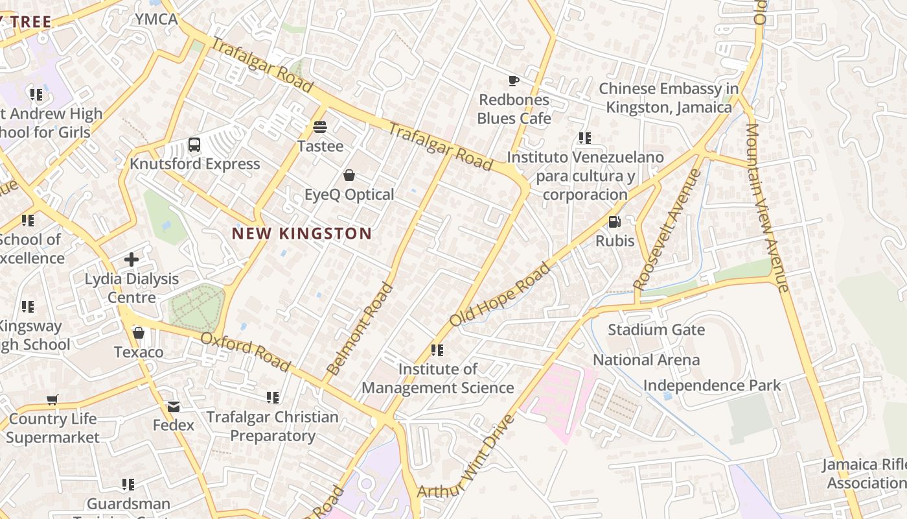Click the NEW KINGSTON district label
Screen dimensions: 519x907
click(302, 234)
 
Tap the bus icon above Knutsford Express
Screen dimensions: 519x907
click(194, 144)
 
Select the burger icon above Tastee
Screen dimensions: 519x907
click(320, 127)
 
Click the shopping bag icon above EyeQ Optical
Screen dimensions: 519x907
click(349, 175)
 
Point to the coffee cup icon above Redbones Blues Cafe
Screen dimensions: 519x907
click(514, 80)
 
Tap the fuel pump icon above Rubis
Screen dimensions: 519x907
click(614, 222)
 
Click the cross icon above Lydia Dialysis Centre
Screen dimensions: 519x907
click(132, 259)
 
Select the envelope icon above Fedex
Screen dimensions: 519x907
click(174, 406)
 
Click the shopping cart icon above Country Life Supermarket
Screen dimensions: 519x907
click(52, 400)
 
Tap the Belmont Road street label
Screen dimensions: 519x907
click(360, 329)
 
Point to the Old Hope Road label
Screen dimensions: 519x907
click(500, 294)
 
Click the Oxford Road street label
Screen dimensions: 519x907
click(246, 352)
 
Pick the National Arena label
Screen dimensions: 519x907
click(647, 360)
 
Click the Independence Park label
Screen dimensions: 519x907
click(713, 385)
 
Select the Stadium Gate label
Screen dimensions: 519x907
click(656, 330)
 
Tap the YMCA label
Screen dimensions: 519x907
click(156, 19)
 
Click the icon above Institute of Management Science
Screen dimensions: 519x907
click(437, 350)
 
